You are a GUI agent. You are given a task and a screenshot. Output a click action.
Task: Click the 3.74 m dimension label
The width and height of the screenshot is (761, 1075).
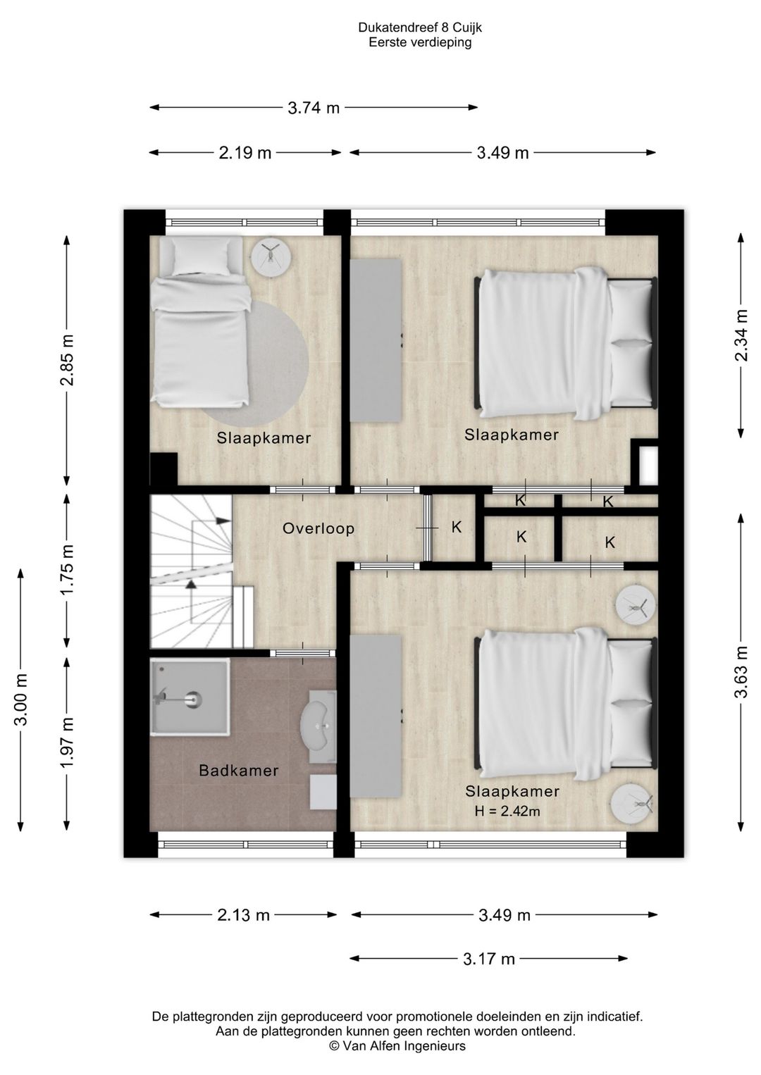(314, 108)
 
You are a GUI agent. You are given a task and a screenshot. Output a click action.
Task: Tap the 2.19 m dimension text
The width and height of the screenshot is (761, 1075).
(245, 153)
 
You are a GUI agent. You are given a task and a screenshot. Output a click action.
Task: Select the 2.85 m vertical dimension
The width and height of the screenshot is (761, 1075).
(67, 359)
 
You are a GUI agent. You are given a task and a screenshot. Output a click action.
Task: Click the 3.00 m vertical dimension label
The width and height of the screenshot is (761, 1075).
(21, 700)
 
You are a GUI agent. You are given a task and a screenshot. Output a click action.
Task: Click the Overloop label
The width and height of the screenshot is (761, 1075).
(318, 528)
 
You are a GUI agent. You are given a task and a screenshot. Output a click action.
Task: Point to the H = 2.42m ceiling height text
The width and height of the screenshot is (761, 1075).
(507, 811)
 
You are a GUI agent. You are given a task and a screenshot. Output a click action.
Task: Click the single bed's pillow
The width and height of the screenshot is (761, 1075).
(202, 257)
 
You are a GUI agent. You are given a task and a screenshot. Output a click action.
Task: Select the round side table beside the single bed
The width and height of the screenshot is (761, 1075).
(271, 256)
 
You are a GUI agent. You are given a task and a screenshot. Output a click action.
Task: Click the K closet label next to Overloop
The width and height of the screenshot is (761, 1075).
(456, 527)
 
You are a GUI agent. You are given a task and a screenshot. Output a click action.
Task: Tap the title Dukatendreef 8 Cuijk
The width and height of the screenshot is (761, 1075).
(420, 28)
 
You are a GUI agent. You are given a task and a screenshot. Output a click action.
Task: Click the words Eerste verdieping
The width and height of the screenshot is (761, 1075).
(420, 42)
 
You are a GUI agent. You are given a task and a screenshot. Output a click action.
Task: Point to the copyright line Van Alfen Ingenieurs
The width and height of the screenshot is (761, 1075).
(397, 1045)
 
